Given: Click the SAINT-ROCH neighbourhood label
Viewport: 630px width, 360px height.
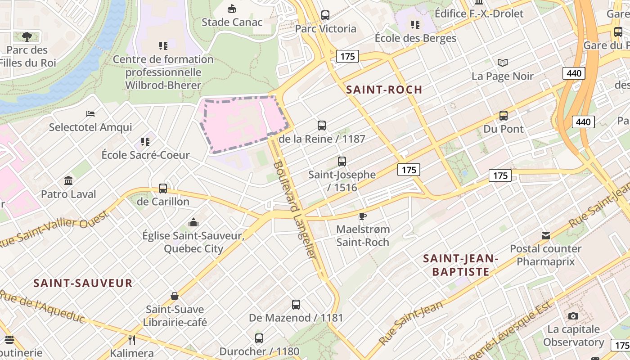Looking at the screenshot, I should click(384, 90).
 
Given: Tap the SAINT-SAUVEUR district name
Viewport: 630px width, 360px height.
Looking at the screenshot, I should click(83, 283).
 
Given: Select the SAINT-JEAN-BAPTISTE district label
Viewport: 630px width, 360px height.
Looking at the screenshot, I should click(460, 265).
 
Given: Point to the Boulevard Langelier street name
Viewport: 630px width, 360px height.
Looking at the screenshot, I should click(293, 209).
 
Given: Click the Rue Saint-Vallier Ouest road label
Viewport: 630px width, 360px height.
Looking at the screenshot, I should click(54, 229).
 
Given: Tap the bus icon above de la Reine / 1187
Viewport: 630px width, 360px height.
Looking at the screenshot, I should click(321, 126).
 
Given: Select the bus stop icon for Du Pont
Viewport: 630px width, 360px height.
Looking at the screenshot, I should click(503, 116).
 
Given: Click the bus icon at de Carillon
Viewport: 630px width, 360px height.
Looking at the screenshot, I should click(163, 189).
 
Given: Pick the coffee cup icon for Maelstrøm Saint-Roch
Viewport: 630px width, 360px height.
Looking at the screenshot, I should click(363, 216).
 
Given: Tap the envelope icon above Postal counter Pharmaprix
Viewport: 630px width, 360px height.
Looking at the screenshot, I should click(545, 235).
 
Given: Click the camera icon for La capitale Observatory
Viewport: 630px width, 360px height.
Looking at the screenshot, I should click(573, 316).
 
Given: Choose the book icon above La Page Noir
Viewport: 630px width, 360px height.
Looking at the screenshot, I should click(502, 63).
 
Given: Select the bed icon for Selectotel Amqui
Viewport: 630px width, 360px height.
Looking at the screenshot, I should click(90, 114).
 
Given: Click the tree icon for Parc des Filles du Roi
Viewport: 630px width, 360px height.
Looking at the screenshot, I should click(27, 36).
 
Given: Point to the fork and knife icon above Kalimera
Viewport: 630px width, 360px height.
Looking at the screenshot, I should click(132, 340).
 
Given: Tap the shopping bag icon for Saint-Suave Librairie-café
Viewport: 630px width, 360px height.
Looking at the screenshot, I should click(175, 296).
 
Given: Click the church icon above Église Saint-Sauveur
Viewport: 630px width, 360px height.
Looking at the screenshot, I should click(193, 222).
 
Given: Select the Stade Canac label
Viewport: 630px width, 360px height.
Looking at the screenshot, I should click(232, 22).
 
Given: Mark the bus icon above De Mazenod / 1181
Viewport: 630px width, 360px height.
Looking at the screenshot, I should click(296, 305).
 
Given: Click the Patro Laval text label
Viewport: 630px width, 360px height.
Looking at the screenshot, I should click(68, 194).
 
